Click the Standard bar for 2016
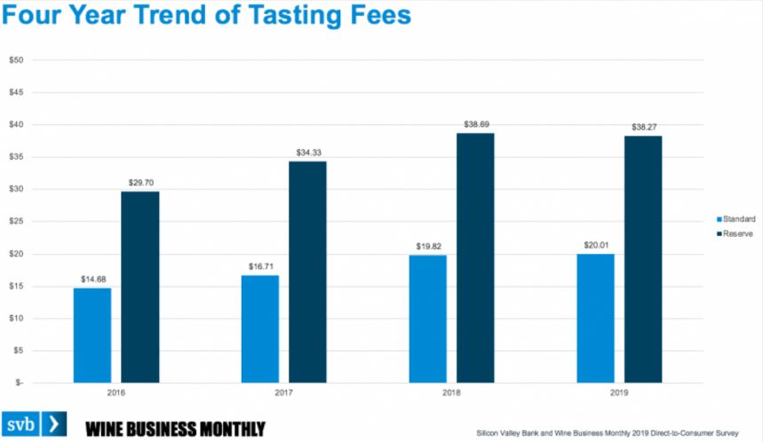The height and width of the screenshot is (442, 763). pyautogui.click(x=92, y=335)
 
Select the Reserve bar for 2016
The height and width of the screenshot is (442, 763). pyautogui.click(x=140, y=287)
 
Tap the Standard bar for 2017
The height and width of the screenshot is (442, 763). pyautogui.click(x=259, y=328)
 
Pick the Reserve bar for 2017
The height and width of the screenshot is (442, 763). pyautogui.click(x=307, y=272)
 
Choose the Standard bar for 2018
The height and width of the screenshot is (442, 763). pyautogui.click(x=427, y=319)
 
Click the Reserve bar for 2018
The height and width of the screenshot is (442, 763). pyautogui.click(x=475, y=257)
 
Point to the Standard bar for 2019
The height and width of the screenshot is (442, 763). pyautogui.click(x=595, y=318)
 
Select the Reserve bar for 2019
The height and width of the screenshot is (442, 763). pyautogui.click(x=643, y=259)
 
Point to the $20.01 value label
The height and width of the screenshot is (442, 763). pyautogui.click(x=595, y=247)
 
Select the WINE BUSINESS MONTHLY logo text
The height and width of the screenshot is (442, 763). pyautogui.click(x=175, y=427)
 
